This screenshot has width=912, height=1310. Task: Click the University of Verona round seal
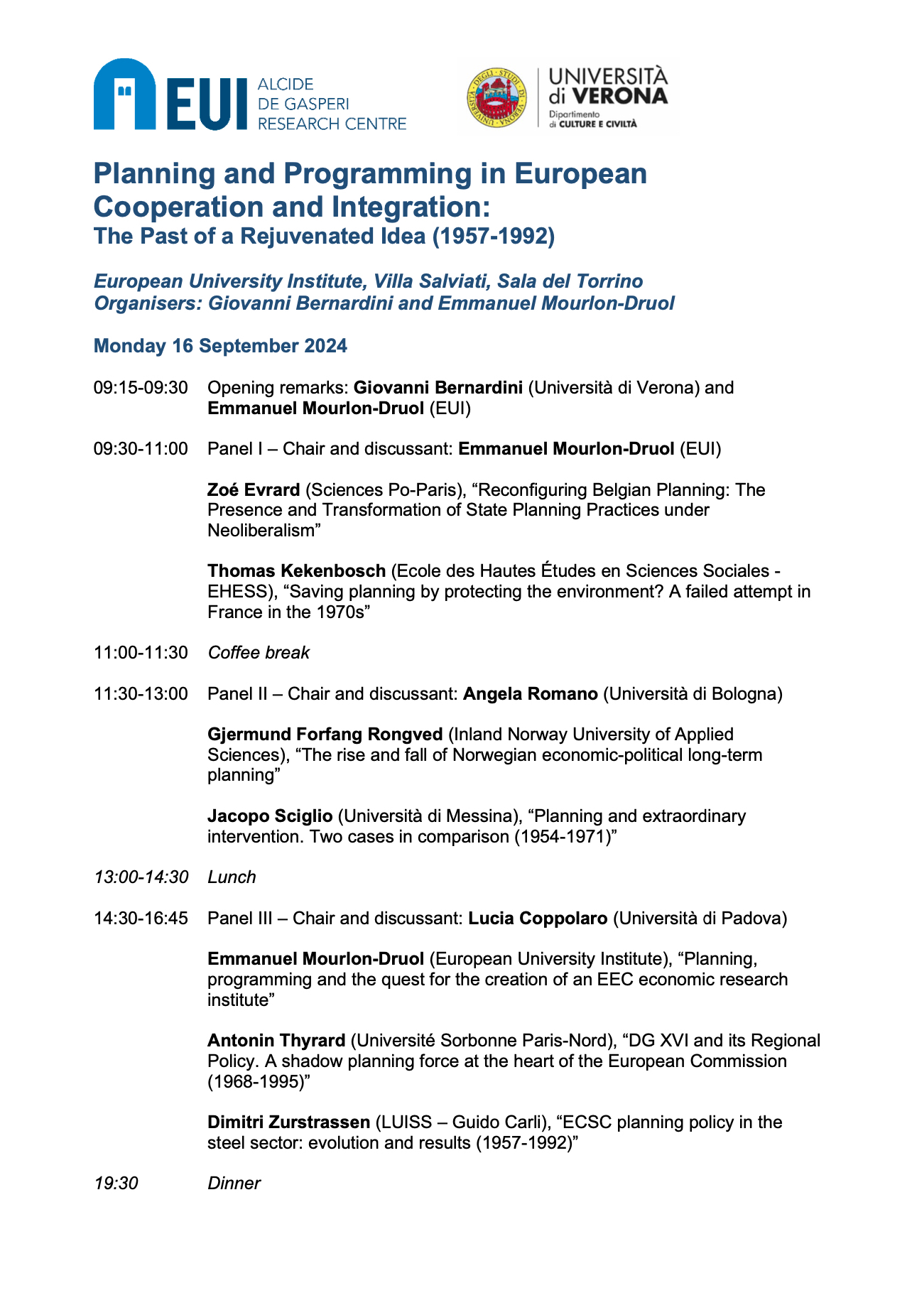[x=496, y=99]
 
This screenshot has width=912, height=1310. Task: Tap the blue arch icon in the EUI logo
[x=124, y=94]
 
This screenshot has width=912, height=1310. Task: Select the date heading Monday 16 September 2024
[x=220, y=346]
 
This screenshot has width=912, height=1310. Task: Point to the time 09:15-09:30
[x=141, y=388]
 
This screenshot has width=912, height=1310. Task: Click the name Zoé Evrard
[x=254, y=490]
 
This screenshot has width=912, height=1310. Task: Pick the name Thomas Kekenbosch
[x=296, y=571]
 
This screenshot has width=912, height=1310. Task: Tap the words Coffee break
[x=259, y=653]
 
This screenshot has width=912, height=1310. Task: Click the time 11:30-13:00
[x=141, y=694]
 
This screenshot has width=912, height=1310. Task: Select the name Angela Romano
[x=530, y=694]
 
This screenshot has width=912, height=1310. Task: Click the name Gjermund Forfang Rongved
[x=325, y=735]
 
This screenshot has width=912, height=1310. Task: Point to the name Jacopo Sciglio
[x=270, y=816]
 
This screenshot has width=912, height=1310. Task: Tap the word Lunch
[x=232, y=877]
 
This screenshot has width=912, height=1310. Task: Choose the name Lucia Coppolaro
[x=538, y=919]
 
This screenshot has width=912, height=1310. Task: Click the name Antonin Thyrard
[x=276, y=1041]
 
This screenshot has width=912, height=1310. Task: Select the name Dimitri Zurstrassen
[x=288, y=1122]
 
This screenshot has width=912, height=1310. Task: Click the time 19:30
[x=116, y=1184]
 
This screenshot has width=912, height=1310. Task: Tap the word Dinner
[x=234, y=1184]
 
